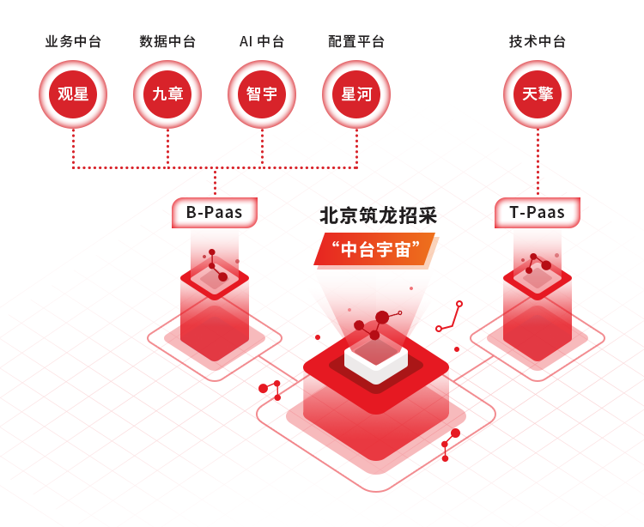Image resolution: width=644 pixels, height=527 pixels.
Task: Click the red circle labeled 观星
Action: tap(73, 94)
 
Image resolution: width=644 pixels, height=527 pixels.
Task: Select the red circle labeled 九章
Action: tap(167, 94)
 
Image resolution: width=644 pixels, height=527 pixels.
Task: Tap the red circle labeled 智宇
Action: tap(262, 94)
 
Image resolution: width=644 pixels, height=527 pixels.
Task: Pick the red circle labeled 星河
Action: tap(356, 94)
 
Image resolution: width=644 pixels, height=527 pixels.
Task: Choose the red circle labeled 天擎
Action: tap(538, 94)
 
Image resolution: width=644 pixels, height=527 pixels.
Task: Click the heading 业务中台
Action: tap(73, 41)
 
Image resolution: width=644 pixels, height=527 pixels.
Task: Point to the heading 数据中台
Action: tap(167, 41)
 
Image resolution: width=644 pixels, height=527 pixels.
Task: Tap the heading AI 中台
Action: tap(262, 41)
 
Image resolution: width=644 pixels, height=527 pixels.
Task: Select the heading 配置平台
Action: tap(356, 41)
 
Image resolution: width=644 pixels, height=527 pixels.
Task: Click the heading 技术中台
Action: tap(538, 41)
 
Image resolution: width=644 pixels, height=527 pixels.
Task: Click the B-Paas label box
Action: tap(215, 213)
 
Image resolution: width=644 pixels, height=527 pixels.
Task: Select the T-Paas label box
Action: tap(538, 213)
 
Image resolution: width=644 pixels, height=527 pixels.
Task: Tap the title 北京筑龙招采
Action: tap(379, 215)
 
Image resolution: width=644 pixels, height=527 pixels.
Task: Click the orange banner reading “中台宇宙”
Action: tap(375, 250)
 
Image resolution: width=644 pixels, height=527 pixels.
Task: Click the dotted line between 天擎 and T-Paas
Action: tap(538, 162)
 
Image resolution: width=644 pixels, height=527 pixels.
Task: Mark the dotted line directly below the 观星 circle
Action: tap(73, 148)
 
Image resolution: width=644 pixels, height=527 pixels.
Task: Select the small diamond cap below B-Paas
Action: tap(215, 279)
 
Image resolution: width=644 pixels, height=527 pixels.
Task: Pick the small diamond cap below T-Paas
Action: tap(538, 279)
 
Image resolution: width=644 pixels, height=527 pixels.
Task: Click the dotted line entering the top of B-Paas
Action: tap(215, 181)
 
